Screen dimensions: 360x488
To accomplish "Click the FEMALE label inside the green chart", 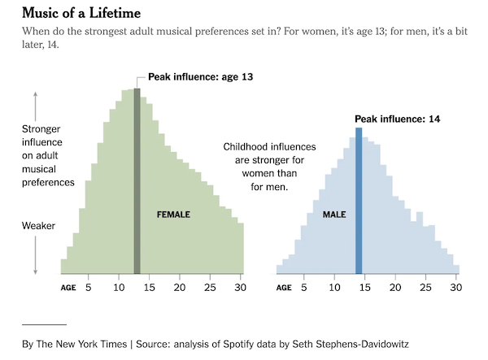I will pos(173,215).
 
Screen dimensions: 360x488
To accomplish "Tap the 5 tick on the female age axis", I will pos(89,287).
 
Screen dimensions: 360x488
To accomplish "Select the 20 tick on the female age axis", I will pos(179,287).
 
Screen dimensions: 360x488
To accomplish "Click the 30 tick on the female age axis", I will pos(239,287).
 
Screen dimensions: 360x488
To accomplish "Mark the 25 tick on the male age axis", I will pos(425,287).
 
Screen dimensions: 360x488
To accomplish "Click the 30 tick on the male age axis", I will pos(455,287).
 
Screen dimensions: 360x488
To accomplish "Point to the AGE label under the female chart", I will pos(68,288).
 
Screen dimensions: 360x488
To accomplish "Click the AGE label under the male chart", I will pos(284,288).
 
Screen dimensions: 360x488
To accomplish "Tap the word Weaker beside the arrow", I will pos(38,225).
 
